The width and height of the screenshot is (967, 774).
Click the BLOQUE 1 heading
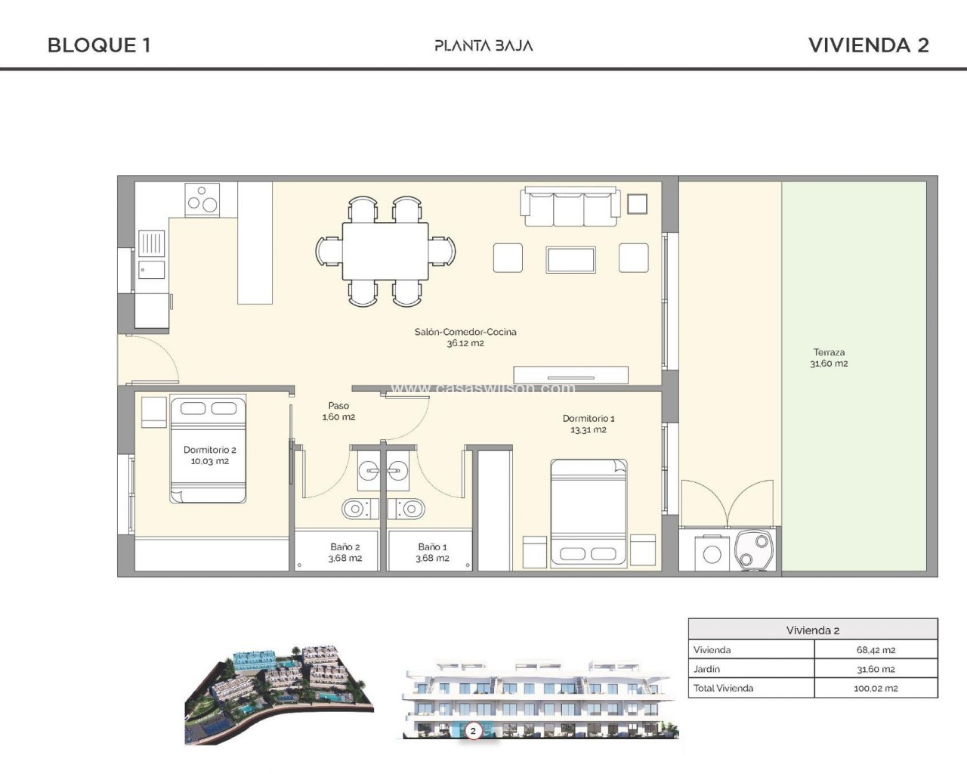pyautogui.click(x=99, y=45)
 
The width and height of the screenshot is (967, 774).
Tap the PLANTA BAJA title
pyautogui.click(x=483, y=46)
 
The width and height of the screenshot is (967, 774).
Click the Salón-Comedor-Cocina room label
pyautogui.click(x=465, y=332)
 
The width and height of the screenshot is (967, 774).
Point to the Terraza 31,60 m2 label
pyautogui.click(x=829, y=358)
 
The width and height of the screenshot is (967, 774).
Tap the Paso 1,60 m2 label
pyautogui.click(x=338, y=411)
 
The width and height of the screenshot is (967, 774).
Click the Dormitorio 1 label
pyautogui.click(x=589, y=418)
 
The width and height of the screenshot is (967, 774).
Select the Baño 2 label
pyautogui.click(x=344, y=547)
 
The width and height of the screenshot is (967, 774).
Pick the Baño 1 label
pyautogui.click(x=432, y=547)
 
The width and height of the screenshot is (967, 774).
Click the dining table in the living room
pyautogui.click(x=385, y=251)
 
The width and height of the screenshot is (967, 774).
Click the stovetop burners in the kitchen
pyautogui.click(x=202, y=200)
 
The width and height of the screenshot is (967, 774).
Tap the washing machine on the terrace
pyautogui.click(x=712, y=553)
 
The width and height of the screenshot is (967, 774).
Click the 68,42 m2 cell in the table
pyautogui.click(x=876, y=650)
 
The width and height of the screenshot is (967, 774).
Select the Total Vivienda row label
pyautogui.click(x=723, y=688)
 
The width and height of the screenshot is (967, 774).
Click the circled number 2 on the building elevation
pyautogui.click(x=473, y=731)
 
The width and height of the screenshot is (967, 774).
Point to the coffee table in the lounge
pyautogui.click(x=570, y=259)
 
